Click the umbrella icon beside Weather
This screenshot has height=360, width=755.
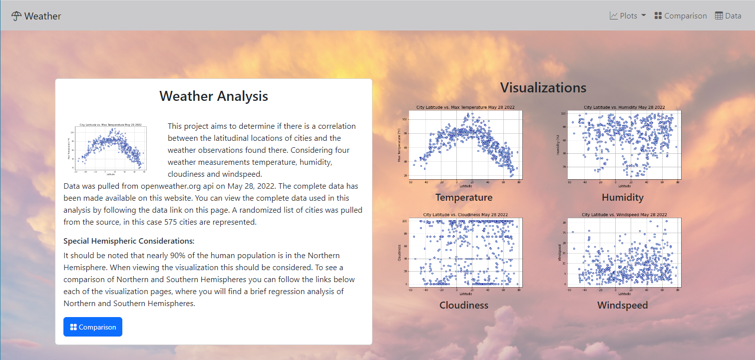click(x=16, y=16)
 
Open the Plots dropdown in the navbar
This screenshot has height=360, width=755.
click(x=628, y=15)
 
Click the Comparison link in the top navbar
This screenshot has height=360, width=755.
click(x=681, y=15)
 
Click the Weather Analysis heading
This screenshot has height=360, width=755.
click(x=214, y=96)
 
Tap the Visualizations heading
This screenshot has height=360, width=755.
click(x=543, y=87)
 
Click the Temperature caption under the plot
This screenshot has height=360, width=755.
click(x=464, y=197)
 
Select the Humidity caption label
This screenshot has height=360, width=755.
click(x=622, y=197)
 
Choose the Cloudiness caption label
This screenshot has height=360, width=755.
click(x=464, y=305)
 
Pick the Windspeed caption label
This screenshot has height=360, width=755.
click(x=622, y=305)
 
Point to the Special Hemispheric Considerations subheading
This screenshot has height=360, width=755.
click(x=129, y=241)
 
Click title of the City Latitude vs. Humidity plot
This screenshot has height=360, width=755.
click(x=624, y=107)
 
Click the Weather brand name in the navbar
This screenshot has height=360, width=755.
click(x=42, y=16)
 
